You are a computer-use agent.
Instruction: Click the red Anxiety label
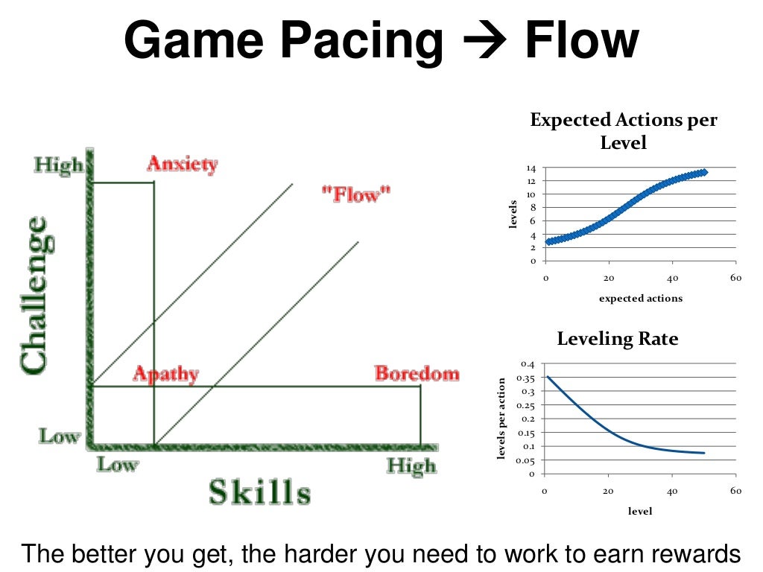(182, 164)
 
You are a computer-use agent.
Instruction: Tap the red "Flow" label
(355, 195)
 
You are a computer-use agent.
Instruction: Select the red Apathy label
(165, 374)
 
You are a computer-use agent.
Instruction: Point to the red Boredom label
(417, 373)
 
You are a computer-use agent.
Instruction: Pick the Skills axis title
(259, 492)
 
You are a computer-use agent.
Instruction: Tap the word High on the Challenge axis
(59, 165)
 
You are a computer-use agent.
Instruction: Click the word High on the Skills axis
(411, 467)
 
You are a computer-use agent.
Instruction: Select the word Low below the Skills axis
(117, 465)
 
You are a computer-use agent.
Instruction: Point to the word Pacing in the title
(372, 42)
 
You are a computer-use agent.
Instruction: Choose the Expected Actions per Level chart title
(624, 130)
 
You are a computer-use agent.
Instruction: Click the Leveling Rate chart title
(618, 339)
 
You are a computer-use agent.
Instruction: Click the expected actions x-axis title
(640, 298)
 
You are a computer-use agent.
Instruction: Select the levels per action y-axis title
(503, 419)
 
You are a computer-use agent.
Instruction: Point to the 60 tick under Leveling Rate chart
(735, 491)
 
